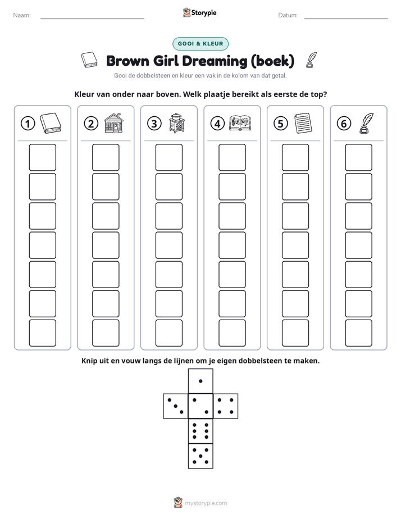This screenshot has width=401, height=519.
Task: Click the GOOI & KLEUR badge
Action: point(200,44)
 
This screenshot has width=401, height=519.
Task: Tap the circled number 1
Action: point(28,124)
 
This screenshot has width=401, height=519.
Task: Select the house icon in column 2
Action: point(113,123)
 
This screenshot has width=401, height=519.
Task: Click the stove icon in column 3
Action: point(177,123)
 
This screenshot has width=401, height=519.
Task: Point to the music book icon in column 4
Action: point(240,123)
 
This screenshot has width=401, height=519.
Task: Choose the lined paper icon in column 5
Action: point(303,123)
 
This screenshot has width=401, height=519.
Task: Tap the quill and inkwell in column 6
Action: point(366,123)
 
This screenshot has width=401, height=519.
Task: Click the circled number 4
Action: point(217,124)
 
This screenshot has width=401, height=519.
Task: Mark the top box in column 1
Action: point(42,157)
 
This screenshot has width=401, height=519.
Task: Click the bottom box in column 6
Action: point(358,333)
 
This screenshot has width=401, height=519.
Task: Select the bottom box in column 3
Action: point(168,333)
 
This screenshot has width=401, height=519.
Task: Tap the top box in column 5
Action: point(295,157)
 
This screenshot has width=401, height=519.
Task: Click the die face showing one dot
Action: point(200,381)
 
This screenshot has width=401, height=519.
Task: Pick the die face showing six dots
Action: point(200,431)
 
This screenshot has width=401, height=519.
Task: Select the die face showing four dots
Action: point(225,406)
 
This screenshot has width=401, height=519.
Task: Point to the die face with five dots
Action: point(200,456)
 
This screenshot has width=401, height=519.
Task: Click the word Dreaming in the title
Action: point(215,61)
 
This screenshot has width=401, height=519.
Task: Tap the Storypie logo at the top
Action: point(199,12)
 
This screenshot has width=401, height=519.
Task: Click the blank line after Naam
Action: point(92,19)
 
